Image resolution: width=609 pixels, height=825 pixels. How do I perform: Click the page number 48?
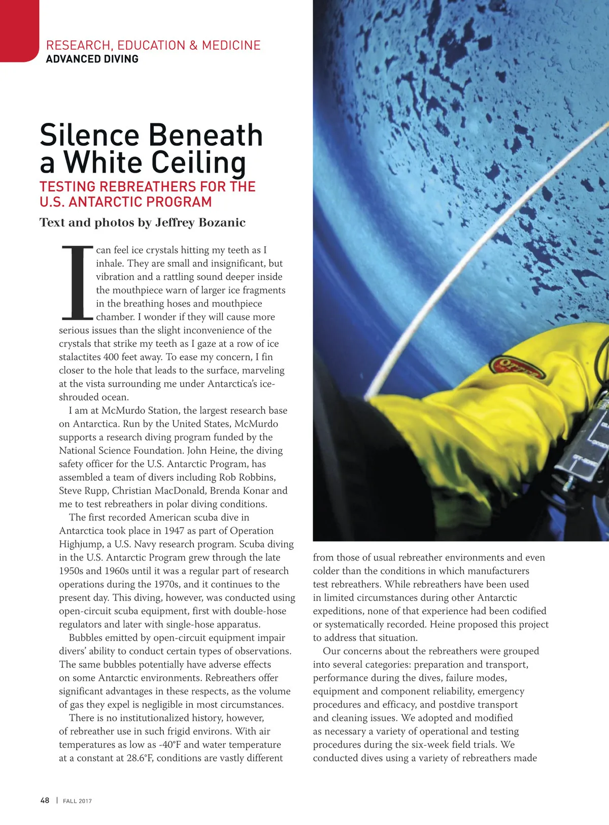[45, 800]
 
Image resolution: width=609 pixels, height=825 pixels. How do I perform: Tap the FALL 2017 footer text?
[77, 801]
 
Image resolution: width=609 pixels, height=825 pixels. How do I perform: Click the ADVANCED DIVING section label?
[92, 59]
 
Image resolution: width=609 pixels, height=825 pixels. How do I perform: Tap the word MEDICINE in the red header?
[231, 45]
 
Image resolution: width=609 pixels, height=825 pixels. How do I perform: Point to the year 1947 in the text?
[174, 531]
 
